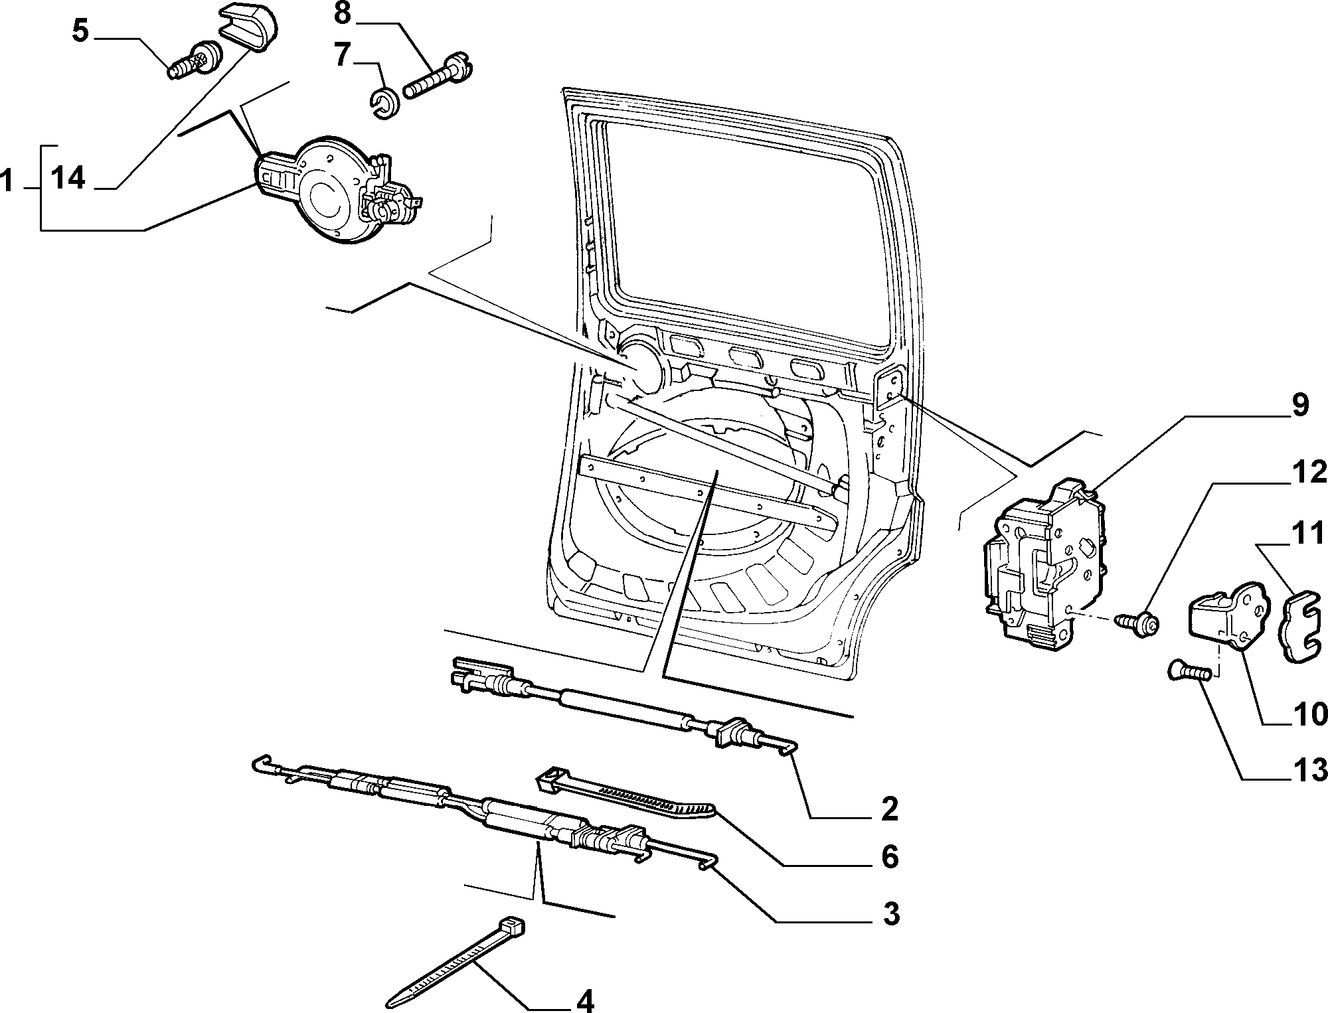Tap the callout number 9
1298,406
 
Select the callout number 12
1307,473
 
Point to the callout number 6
889,856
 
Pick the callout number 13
1307,770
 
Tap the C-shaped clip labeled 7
384,104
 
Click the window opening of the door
750,232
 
